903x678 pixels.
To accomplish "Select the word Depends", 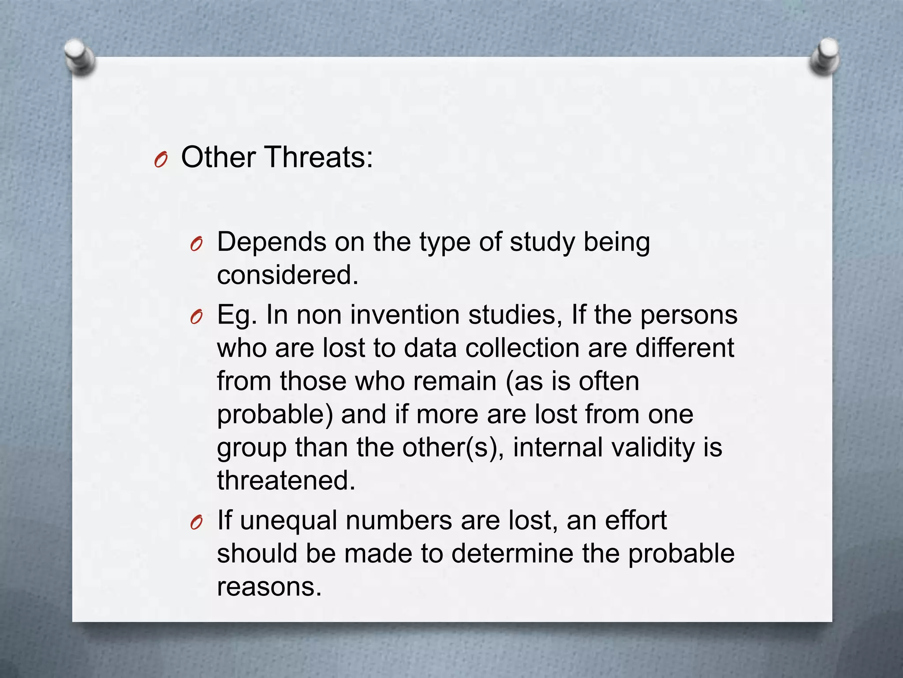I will pos(272,242).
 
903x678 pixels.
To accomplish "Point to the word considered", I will pos(287,275).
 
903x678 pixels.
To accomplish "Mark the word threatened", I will pos(286,480).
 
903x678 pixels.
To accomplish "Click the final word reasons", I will pos(269,587).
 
